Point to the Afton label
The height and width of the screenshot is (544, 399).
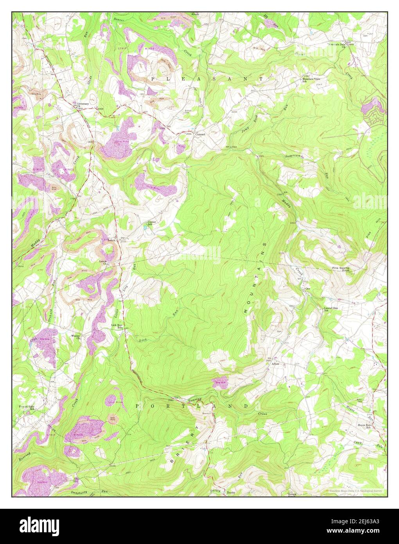coord(275,364)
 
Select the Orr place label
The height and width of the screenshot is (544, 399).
coord(307,289)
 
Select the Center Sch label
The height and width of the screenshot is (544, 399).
coord(152,223)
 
